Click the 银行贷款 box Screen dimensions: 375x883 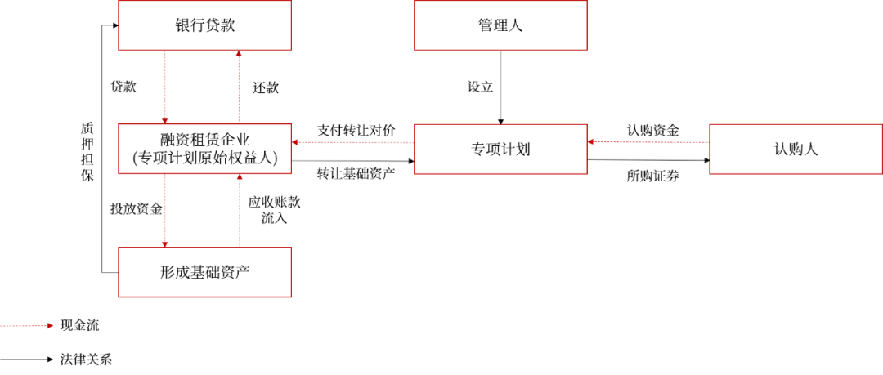coord(204,25)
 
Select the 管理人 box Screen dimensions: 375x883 coord(500,25)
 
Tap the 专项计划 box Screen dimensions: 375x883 coord(500,150)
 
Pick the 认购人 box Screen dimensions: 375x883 coord(796,150)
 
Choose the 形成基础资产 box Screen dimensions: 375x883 coord(204,272)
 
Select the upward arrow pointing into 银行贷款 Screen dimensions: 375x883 coord(239,87)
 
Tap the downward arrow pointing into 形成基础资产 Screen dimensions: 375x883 coord(165,210)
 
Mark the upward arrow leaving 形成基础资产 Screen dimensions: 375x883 coord(239,210)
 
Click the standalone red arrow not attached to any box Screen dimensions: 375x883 coord(27,325)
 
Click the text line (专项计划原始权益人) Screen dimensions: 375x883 coord(204,159)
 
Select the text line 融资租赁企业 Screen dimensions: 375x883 coord(204,139)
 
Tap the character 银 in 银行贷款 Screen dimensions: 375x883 coord(182,25)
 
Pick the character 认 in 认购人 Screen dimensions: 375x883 coord(781,150)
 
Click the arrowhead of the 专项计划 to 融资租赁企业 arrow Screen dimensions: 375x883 coord(297,142)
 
